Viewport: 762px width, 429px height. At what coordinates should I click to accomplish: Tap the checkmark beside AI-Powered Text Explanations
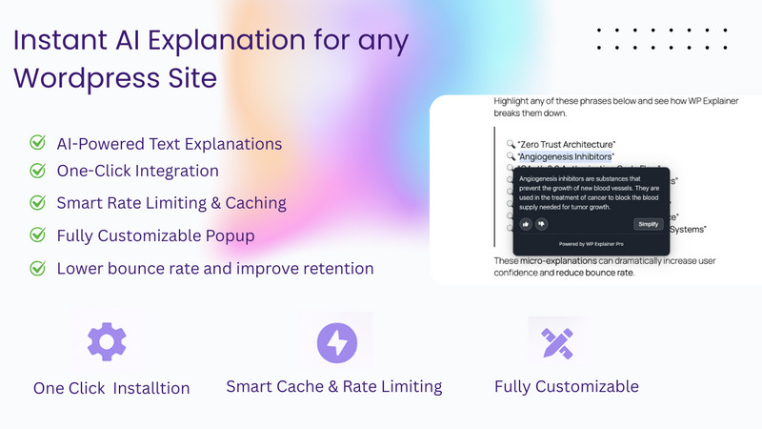coord(38,144)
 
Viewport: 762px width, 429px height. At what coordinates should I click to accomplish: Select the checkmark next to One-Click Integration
coord(38,172)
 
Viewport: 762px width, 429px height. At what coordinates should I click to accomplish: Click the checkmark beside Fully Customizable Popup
coord(38,235)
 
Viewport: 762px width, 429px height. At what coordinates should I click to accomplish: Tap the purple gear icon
coord(107,341)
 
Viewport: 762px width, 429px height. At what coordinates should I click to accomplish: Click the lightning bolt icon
coord(336,341)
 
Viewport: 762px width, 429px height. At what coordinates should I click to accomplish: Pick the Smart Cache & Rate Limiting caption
coord(333,386)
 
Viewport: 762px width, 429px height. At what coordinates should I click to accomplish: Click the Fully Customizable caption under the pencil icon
coord(566,386)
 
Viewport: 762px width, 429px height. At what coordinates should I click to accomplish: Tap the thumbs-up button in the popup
coord(525,224)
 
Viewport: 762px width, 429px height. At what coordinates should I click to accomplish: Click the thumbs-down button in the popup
coord(542,224)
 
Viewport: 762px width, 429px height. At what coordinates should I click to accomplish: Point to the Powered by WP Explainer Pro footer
coord(592,245)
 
